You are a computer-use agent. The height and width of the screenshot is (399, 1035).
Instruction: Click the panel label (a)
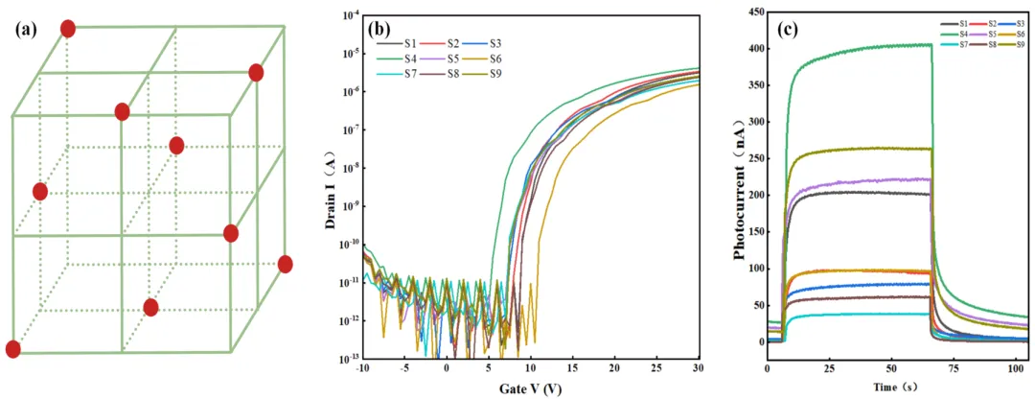[26, 29]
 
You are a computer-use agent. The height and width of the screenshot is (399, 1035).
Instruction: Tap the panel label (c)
[788, 29]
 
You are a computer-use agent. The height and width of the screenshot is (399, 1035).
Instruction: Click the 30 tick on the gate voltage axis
[698, 368]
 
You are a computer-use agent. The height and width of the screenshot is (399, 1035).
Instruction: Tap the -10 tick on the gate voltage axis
[361, 368]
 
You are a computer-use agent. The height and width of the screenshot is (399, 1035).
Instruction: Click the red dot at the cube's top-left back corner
[67, 29]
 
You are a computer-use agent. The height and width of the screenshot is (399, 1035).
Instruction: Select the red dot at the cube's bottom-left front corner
[12, 349]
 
